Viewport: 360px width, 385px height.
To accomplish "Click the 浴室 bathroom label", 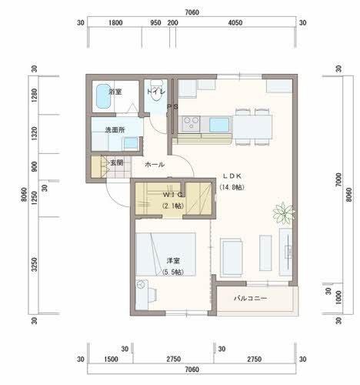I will (115, 92).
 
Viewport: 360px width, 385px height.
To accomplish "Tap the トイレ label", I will (155, 92).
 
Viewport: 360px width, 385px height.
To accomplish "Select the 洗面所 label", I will (115, 129).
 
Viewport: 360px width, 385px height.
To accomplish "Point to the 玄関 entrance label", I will (116, 162).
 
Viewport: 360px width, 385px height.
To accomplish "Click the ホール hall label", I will (154, 165).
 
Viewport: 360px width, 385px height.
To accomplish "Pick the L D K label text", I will (233, 176).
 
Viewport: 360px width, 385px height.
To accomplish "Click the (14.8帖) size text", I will (232, 187).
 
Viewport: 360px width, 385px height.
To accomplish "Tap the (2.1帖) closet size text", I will (172, 206).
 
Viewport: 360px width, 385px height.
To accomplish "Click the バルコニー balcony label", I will (251, 297).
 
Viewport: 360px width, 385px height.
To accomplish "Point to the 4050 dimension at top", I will (235, 23).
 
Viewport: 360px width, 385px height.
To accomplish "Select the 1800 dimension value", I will (115, 23).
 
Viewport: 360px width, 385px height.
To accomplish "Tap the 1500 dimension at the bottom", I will (110, 360).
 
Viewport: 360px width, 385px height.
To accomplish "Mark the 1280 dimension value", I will (35, 96).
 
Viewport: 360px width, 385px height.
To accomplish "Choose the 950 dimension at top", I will (155, 23).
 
